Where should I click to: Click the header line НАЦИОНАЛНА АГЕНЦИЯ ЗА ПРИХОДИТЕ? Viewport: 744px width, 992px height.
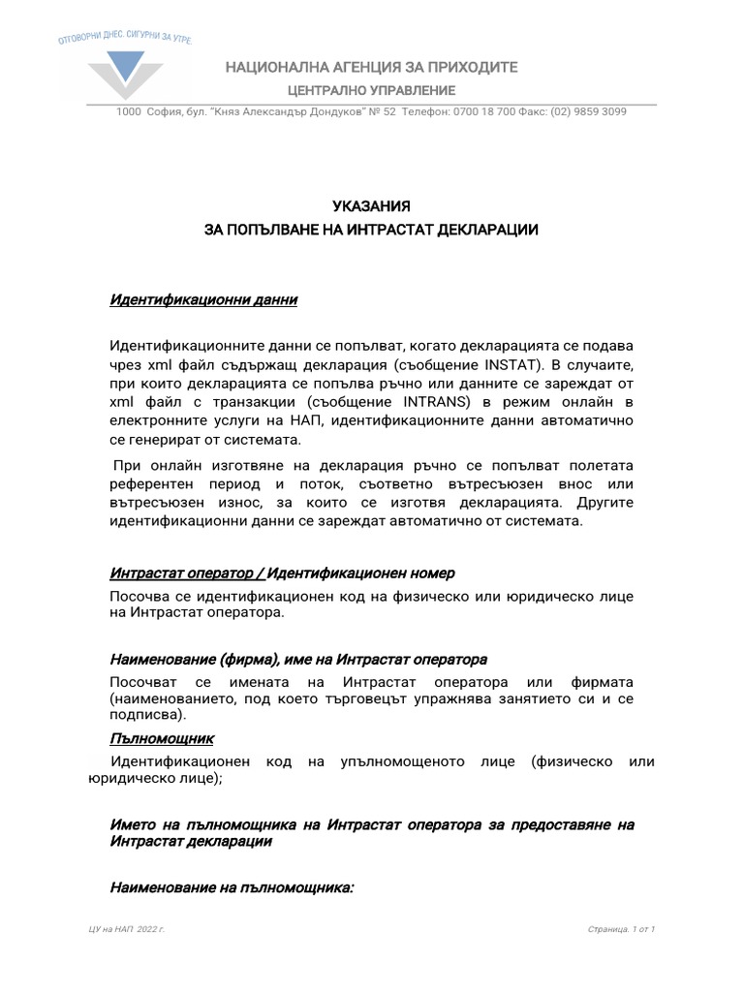[372, 67]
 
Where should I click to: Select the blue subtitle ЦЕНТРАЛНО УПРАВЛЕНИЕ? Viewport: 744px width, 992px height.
[372, 90]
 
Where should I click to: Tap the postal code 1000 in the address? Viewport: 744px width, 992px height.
[128, 111]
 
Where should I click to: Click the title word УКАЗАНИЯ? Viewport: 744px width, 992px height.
[372, 206]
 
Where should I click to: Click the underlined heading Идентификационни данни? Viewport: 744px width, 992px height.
[203, 300]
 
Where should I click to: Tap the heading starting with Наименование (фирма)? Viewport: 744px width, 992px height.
[298, 660]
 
